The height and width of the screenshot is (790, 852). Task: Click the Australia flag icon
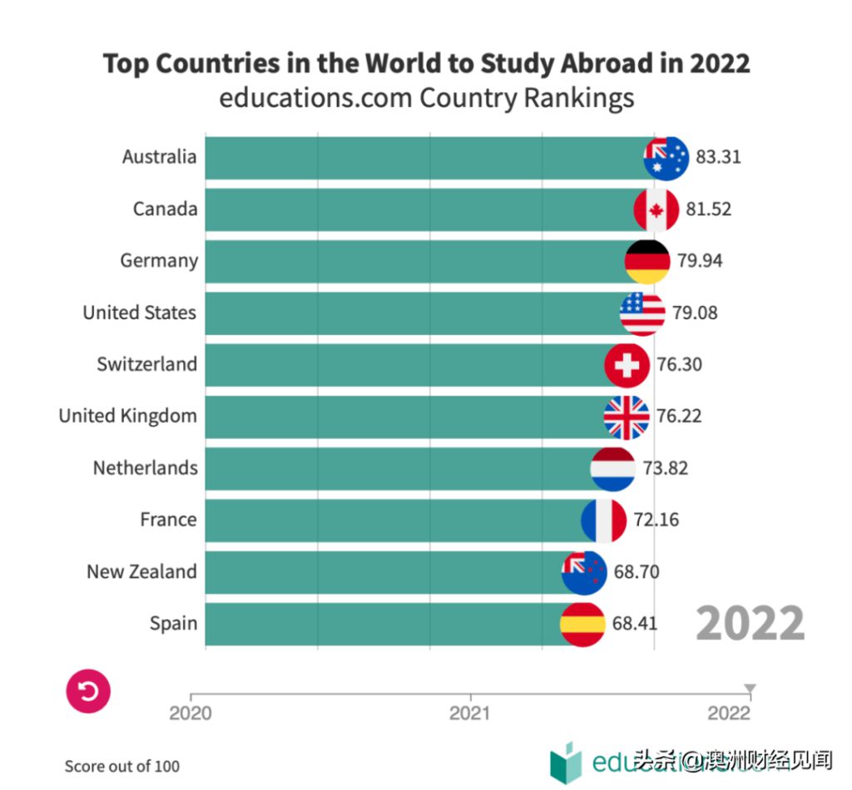click(x=666, y=157)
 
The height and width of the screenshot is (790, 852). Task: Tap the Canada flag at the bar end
click(x=656, y=210)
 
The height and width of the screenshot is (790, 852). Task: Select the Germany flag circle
click(x=647, y=261)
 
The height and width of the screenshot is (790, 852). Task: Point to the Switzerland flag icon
click(x=627, y=365)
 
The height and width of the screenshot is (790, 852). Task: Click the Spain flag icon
click(x=582, y=624)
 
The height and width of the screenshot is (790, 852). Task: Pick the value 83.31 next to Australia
click(x=718, y=157)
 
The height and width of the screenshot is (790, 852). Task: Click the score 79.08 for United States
click(x=695, y=313)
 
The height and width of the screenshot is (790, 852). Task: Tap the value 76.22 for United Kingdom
click(x=679, y=416)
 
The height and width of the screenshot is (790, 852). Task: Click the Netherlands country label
click(x=145, y=468)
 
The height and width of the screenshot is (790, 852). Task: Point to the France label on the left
click(x=168, y=520)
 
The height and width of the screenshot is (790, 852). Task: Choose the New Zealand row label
click(x=141, y=572)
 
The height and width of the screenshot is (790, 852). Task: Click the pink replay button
click(x=88, y=691)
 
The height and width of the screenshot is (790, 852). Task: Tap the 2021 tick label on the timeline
click(x=470, y=713)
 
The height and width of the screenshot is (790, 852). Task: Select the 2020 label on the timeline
click(x=191, y=713)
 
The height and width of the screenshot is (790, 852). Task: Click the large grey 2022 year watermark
click(x=750, y=623)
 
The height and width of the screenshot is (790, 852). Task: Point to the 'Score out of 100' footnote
click(x=122, y=766)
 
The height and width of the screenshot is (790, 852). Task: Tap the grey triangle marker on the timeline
click(x=750, y=689)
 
